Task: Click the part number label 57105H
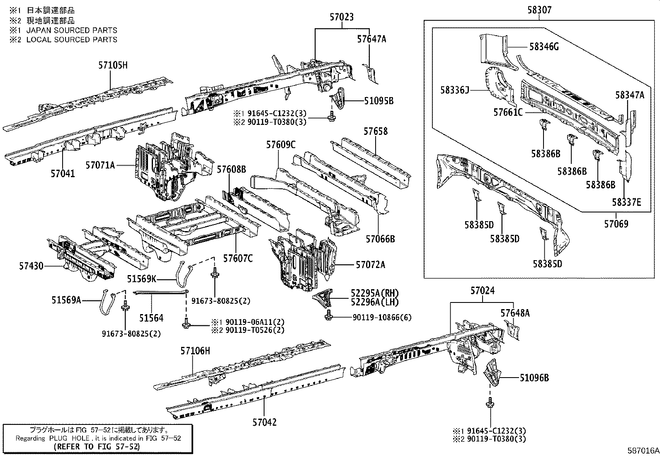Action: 113,65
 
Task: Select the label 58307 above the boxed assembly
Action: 539,10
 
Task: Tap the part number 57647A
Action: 371,39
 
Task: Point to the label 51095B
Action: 379,101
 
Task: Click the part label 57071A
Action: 100,165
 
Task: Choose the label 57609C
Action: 281,145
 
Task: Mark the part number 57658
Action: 376,131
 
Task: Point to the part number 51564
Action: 151,318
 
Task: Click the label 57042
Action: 264,422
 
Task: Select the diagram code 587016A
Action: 643,450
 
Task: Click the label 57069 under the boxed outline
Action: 616,224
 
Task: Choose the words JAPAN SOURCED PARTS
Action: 72,30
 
